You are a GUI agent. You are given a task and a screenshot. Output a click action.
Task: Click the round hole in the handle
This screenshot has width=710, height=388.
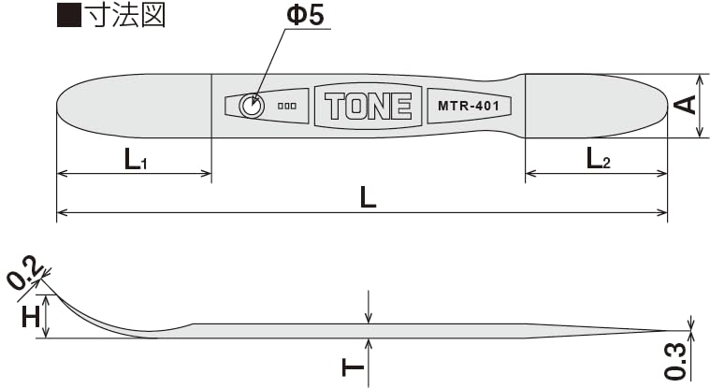click(250, 107)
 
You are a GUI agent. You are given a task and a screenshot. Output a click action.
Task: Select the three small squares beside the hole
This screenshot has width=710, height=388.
click(287, 107)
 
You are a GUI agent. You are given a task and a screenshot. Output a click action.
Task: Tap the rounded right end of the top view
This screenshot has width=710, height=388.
click(659, 105)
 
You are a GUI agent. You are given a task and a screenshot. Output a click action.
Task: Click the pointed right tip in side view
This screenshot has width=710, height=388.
click(660, 330)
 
